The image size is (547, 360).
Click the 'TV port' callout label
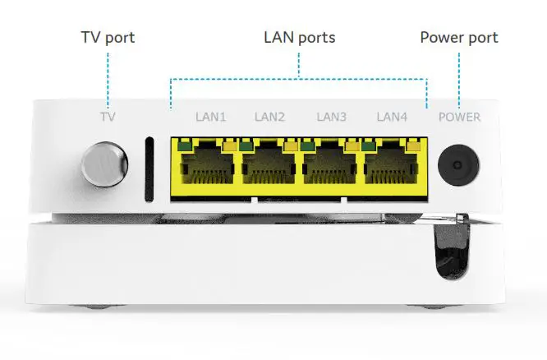click(x=108, y=38)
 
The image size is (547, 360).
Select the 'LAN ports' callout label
click(x=299, y=38)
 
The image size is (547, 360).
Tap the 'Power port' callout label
click(x=459, y=38)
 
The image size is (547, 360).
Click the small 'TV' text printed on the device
click(x=108, y=117)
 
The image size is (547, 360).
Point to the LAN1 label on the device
click(x=211, y=117)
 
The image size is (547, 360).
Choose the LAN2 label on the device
click(x=270, y=117)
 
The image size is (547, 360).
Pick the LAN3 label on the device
click(x=332, y=117)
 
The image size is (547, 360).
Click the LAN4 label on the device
click(x=392, y=117)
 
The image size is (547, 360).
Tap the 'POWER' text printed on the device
click(x=459, y=117)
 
